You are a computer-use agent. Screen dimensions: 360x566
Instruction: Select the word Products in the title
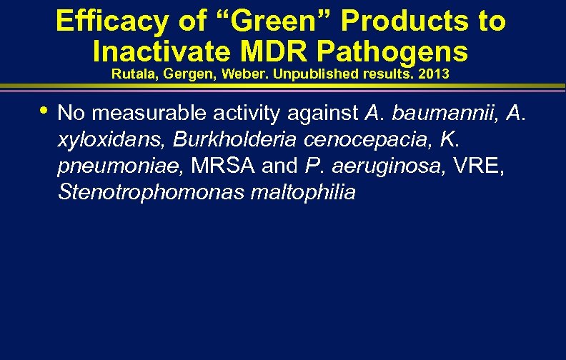398,21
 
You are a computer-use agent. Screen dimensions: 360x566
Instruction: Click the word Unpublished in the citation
306,74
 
